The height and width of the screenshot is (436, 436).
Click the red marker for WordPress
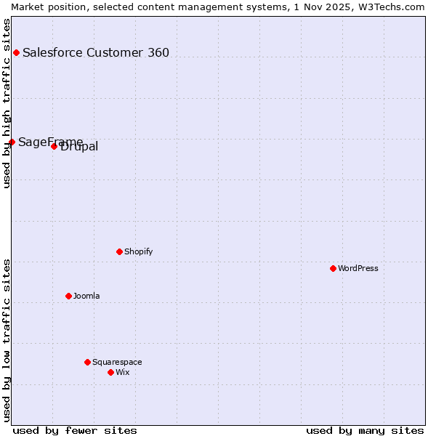(333, 268)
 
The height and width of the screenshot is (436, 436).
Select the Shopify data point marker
(119, 251)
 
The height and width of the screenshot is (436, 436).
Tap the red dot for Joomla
(68, 296)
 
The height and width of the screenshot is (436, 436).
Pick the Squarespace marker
(87, 362)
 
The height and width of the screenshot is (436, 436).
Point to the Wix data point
(110, 372)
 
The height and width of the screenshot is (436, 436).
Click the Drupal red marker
(54, 146)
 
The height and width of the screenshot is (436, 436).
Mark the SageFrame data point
(12, 142)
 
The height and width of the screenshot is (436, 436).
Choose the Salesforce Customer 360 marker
(16, 52)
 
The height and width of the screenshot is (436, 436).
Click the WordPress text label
(358, 268)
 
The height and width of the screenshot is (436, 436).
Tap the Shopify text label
(139, 251)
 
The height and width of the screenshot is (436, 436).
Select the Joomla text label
(86, 296)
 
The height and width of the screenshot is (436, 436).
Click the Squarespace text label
(117, 362)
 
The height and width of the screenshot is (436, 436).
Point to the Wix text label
(123, 372)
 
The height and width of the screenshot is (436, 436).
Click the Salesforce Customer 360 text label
(96, 52)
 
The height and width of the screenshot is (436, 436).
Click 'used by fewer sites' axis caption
(75, 430)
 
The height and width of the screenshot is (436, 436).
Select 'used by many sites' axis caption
(365, 430)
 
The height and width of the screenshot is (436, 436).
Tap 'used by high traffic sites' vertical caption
(7, 103)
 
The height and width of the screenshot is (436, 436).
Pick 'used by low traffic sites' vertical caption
(7, 339)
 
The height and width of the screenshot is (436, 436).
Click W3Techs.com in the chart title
(390, 7)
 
